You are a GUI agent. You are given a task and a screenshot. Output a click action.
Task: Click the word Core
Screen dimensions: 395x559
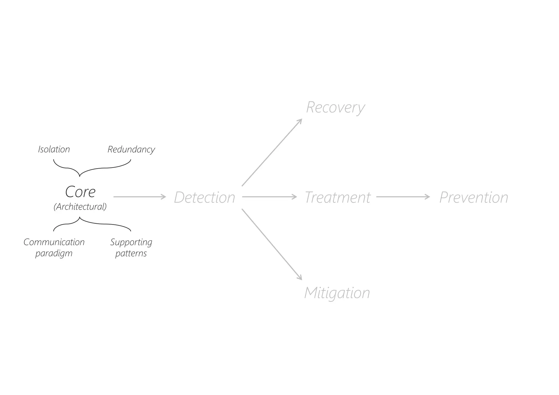(x=80, y=192)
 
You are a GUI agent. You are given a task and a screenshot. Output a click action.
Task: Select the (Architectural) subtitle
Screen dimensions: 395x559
(x=80, y=207)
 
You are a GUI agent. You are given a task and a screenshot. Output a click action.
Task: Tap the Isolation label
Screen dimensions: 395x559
(x=54, y=149)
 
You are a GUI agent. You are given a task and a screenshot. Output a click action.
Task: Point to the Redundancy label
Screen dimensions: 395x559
(x=131, y=149)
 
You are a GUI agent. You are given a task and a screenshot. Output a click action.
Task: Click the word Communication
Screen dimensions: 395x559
(x=54, y=242)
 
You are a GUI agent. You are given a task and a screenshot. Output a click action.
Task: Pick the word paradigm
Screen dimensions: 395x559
(x=54, y=253)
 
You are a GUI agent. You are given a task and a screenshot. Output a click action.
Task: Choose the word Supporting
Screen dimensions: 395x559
(x=131, y=242)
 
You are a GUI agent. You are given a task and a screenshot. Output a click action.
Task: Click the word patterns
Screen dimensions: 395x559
(x=131, y=253)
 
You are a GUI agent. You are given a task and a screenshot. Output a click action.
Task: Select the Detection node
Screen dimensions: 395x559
(x=204, y=197)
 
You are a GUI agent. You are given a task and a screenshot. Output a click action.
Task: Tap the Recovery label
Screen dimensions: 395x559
(x=335, y=107)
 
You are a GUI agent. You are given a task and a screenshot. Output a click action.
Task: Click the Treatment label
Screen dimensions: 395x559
(x=337, y=197)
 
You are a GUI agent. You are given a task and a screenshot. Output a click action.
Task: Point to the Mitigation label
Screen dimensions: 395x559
(x=337, y=293)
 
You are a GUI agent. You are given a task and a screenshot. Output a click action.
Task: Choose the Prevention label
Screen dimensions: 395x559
(x=474, y=197)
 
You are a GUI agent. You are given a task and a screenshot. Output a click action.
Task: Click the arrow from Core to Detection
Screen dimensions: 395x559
(x=139, y=197)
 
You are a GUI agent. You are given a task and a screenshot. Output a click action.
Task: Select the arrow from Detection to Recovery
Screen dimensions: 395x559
(x=272, y=153)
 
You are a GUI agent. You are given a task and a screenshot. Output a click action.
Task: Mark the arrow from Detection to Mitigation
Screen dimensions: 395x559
(x=272, y=244)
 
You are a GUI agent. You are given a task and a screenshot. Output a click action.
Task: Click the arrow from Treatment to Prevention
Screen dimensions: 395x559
(x=403, y=197)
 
